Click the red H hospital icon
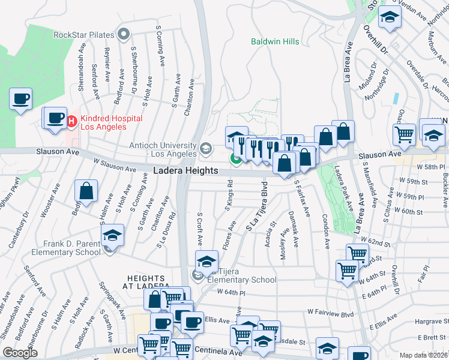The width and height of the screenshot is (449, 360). [x=71, y=122]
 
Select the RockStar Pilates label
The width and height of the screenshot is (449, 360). [x=84, y=34]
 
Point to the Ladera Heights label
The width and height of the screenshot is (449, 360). [x=185, y=171]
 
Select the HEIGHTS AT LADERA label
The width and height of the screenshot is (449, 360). [x=146, y=282]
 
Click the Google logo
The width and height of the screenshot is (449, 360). [x=20, y=353]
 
